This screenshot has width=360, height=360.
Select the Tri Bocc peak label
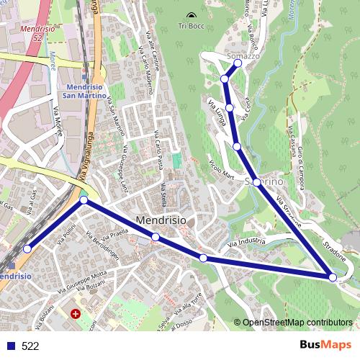(x=190, y=27)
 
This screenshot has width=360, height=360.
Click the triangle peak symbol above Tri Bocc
(x=191, y=15)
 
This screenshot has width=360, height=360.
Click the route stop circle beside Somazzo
(x=238, y=63)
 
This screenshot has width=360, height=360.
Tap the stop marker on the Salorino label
(x=258, y=182)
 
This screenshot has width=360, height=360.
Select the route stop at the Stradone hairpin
(x=332, y=276)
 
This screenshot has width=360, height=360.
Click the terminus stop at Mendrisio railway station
(x=27, y=248)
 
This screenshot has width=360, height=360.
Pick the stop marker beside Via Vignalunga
(x=84, y=201)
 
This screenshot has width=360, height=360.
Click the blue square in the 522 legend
(x=10, y=346)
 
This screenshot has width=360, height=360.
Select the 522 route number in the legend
(x=30, y=346)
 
